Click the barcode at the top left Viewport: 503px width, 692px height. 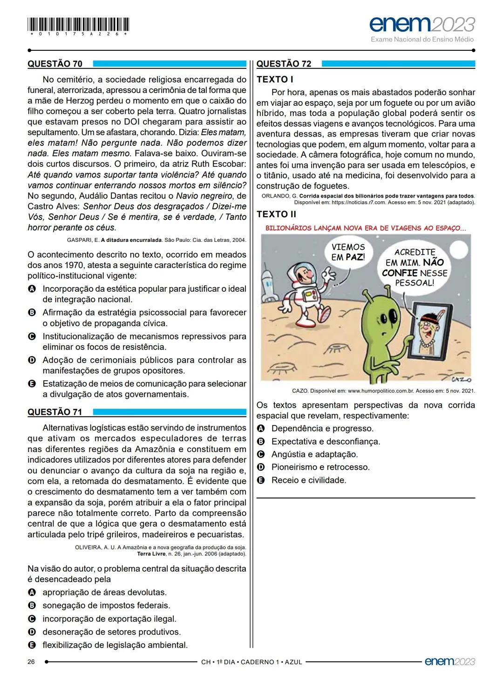[x=79, y=24]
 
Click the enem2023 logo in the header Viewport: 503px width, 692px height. [x=422, y=25]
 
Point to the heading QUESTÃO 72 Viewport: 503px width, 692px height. [x=284, y=64]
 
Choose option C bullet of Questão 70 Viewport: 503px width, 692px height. [x=32, y=336]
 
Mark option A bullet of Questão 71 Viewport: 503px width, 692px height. [x=32, y=592]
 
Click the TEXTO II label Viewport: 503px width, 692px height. [x=277, y=214]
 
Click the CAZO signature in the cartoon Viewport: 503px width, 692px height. [x=461, y=379]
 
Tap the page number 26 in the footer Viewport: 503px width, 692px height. [x=32, y=662]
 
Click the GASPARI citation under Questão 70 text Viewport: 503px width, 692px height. [x=156, y=240]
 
